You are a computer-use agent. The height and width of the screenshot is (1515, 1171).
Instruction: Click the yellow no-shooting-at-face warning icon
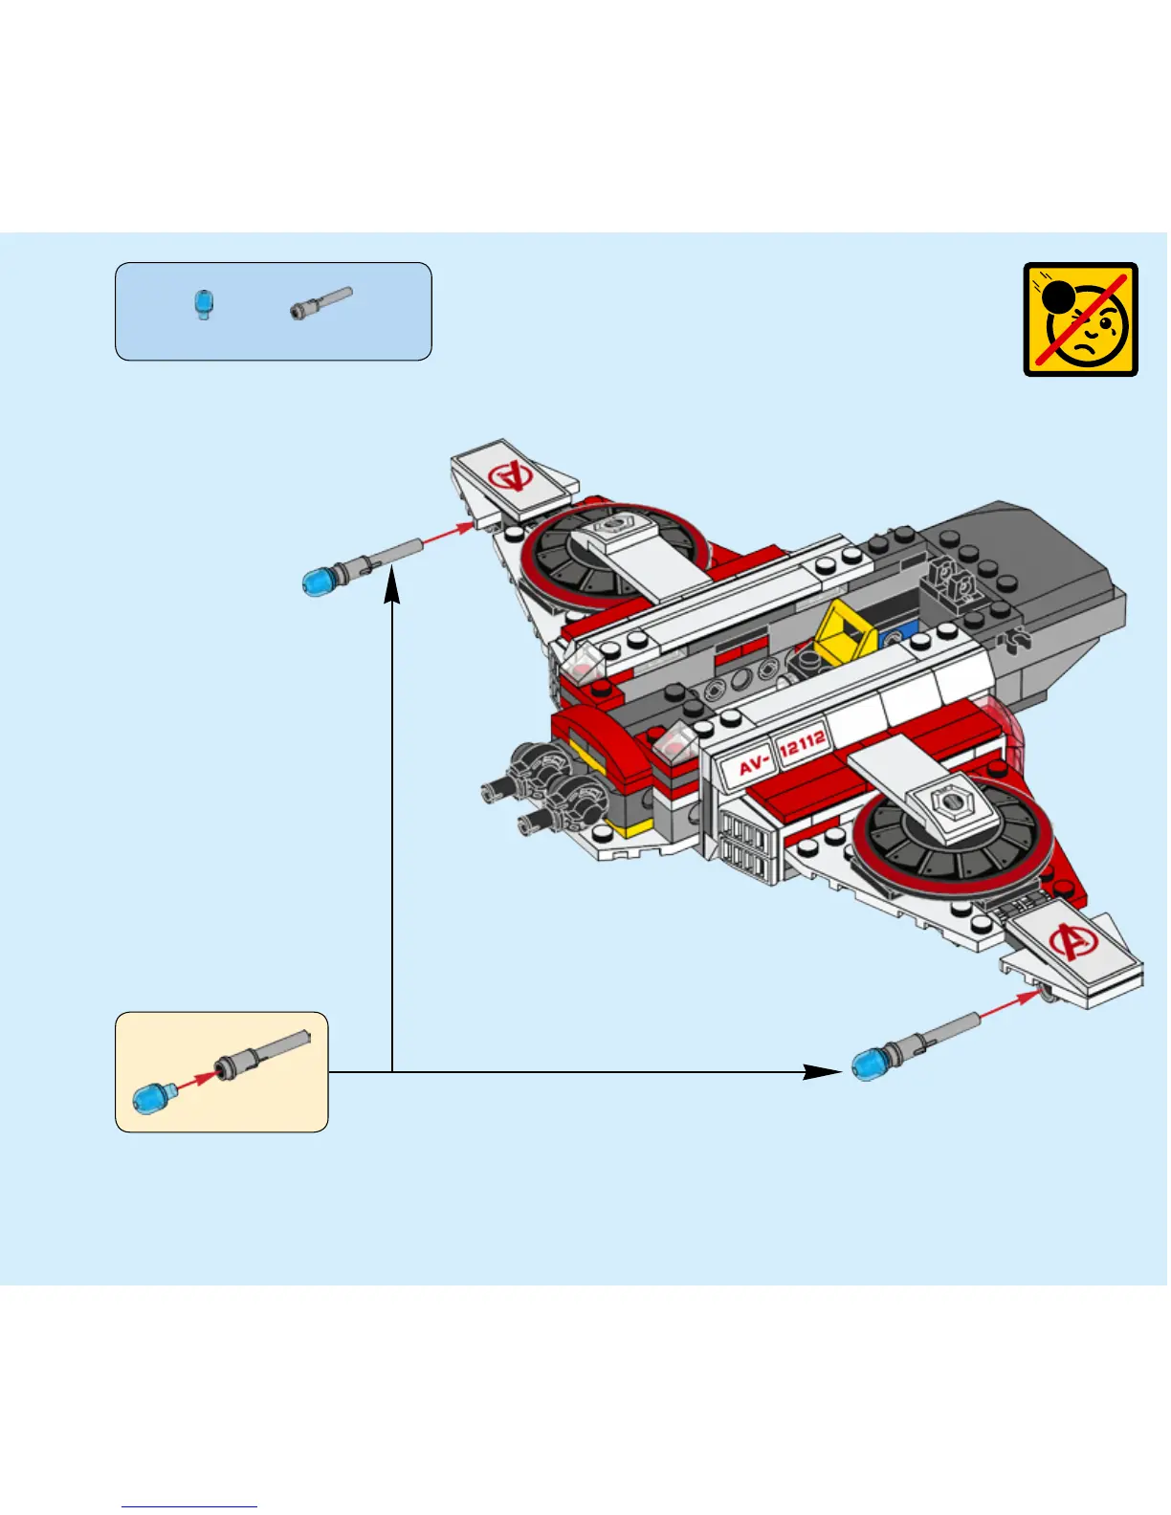pos(1080,319)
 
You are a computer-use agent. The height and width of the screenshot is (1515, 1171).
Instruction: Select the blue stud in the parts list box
pos(203,304)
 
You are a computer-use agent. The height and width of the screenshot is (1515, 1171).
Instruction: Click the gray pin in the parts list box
pos(321,303)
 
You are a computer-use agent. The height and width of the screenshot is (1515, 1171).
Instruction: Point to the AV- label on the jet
pos(754,764)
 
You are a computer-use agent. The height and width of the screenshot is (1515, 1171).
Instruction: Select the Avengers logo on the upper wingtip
pos(510,474)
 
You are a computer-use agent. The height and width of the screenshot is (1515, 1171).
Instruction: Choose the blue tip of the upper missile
pos(319,580)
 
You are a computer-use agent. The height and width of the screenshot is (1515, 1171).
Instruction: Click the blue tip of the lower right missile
pos(869,1063)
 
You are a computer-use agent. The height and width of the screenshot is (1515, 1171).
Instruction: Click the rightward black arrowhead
pos(822,1071)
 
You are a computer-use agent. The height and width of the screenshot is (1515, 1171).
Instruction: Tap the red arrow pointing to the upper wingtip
pos(447,535)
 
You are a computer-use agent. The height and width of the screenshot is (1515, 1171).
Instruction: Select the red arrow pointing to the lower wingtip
pos(1008,1005)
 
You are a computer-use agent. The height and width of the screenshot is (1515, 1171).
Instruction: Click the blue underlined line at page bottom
pos(189,1506)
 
